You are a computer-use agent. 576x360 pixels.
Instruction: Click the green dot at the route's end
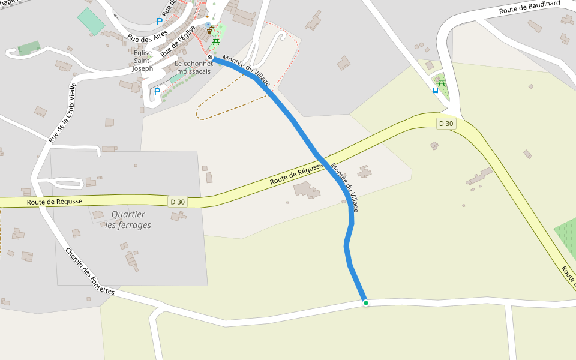coord(365,303)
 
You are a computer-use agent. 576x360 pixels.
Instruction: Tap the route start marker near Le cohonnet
coord(211,58)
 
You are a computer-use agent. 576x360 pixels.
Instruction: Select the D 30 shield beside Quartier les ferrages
coord(178,202)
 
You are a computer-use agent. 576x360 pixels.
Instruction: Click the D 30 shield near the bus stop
coord(446,124)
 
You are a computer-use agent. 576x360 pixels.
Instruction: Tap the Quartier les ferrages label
coord(128,220)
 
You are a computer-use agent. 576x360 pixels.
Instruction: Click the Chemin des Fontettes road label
coord(89,271)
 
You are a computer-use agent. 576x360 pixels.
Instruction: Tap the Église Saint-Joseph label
coord(143,61)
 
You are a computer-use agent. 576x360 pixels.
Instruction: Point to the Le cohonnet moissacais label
coord(194,67)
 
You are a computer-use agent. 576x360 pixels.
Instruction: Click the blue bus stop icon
coord(436,91)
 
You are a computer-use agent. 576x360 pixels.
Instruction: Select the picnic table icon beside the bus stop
coord(442,82)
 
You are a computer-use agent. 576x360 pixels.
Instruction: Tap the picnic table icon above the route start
coord(216,41)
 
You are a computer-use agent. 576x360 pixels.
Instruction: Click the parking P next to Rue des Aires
coord(160,22)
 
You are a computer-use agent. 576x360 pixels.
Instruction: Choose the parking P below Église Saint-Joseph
coord(157,92)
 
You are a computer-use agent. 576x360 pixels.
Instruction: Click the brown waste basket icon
coord(209,30)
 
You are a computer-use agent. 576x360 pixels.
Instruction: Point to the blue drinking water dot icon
coord(208,25)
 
